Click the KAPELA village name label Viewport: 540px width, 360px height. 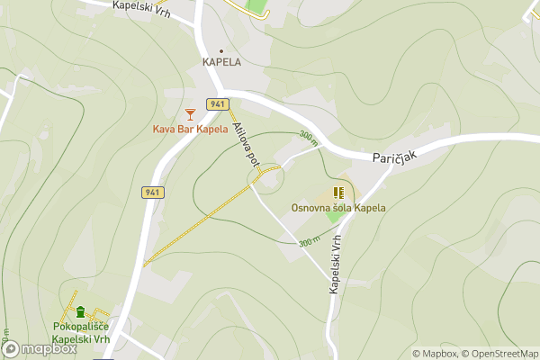tap(221, 62)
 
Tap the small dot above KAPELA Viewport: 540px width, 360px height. tap(221, 50)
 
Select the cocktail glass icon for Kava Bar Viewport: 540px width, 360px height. tap(189, 113)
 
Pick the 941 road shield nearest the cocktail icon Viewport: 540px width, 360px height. tap(216, 104)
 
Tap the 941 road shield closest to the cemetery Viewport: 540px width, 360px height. tap(152, 193)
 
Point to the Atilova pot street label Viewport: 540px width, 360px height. tap(246, 144)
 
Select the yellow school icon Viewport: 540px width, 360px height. tap(338, 193)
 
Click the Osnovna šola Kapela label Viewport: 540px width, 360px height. tap(338, 208)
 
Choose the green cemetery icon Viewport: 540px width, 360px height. tap(81, 312)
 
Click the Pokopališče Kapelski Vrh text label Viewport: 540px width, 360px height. tap(81, 332)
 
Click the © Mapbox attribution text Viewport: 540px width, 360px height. tap(436, 354)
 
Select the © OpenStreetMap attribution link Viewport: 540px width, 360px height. tap(500, 354)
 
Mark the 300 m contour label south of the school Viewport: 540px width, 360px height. tap(310, 242)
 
